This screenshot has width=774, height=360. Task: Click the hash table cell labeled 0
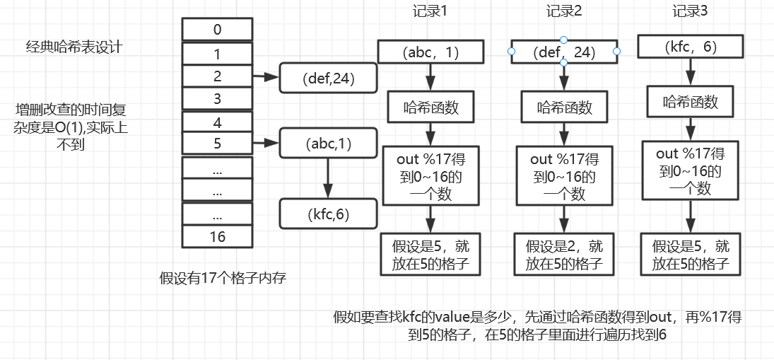[217, 30]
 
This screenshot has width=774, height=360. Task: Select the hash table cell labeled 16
[217, 237]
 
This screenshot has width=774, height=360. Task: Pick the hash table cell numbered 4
[217, 122]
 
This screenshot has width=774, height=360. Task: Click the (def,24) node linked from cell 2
[327, 78]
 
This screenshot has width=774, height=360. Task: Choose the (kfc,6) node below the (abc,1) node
[327, 214]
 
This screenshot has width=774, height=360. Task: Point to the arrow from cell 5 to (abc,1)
[266, 144]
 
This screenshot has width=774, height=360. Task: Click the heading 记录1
[430, 12]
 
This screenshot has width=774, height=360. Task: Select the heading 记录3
[690, 12]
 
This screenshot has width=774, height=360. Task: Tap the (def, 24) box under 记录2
[564, 52]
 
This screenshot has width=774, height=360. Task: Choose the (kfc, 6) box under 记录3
[690, 47]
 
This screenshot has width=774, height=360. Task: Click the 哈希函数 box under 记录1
[430, 108]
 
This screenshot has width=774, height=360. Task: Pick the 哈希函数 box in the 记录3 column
[690, 102]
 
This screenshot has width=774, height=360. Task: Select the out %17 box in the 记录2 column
[564, 175]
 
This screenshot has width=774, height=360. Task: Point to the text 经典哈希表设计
[74, 48]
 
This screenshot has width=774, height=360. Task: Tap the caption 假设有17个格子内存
[223, 279]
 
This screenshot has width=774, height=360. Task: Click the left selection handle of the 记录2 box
[511, 52]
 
